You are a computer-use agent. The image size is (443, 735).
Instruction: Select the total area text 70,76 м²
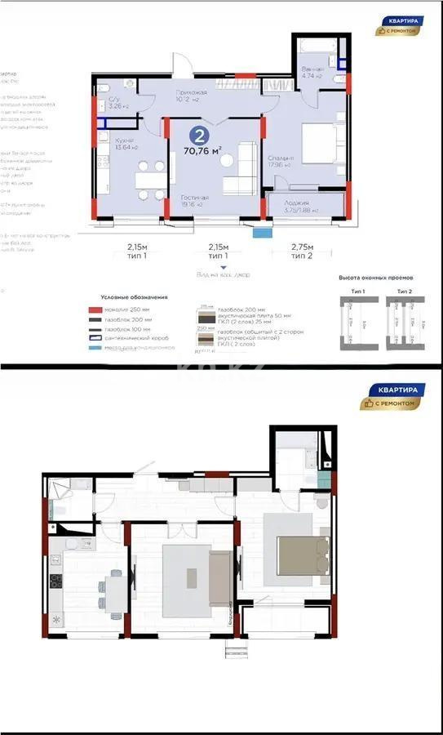(x=203, y=151)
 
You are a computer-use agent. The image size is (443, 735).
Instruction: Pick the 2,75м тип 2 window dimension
(x=306, y=250)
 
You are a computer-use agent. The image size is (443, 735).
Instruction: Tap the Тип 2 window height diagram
(x=404, y=318)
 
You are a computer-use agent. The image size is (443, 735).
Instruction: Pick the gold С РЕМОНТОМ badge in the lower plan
(x=390, y=403)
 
